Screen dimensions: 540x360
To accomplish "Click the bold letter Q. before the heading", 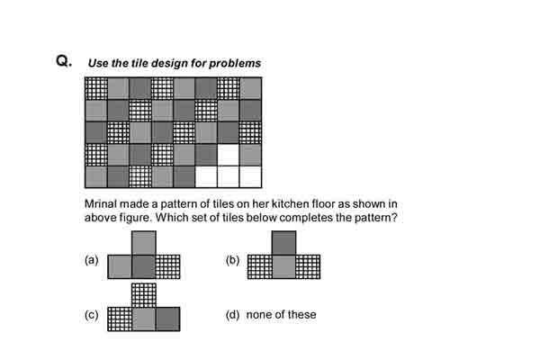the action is point(64,61).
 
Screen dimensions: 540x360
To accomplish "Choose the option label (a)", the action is point(92,259).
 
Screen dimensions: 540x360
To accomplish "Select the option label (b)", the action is point(232,260).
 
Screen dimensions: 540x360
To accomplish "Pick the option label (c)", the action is point(92,315).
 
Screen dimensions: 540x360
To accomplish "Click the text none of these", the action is point(281,314).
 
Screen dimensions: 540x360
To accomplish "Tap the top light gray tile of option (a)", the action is point(144,243).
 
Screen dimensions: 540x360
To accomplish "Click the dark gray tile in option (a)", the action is point(144,266).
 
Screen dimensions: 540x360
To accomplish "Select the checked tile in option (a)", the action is point(168,266).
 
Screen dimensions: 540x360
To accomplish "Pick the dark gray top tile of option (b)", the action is point(283,243).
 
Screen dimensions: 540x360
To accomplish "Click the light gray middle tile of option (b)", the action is point(283,266).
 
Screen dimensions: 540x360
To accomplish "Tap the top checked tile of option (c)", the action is point(144,295).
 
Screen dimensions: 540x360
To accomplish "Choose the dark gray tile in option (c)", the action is point(168,319).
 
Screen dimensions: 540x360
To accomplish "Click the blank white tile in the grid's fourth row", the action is point(229,155).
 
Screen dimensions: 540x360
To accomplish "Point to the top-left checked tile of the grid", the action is point(96,88).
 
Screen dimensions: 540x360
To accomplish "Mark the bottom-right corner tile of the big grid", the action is point(250,176).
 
